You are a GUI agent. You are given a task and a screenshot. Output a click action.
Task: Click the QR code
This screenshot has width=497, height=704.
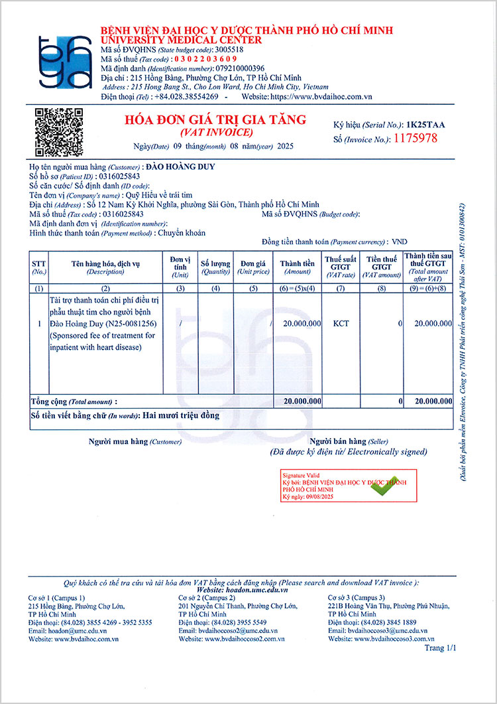59,133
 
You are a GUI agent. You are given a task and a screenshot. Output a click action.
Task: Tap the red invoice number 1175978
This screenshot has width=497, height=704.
415,139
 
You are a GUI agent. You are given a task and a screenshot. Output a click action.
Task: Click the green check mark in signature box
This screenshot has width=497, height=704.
384,486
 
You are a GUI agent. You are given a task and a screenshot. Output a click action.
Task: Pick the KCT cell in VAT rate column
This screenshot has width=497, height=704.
341,323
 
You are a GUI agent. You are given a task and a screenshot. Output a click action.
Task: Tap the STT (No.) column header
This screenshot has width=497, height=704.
39,267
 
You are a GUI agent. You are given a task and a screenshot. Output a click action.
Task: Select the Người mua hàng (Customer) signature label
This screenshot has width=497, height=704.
126,441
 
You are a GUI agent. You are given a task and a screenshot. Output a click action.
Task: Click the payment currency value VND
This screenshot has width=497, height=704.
400,242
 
